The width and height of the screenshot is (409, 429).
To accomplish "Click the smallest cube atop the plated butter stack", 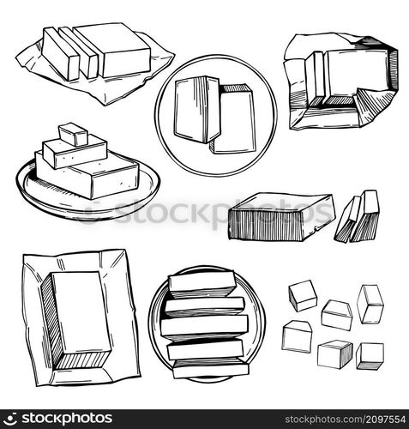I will point(73,134).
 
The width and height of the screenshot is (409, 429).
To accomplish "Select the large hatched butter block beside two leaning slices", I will point(279,216).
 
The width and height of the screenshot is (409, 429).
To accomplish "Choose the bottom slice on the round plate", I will point(210,369).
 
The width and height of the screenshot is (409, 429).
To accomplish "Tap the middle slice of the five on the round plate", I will point(204,325).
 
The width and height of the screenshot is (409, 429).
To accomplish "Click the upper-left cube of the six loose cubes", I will point(302,295).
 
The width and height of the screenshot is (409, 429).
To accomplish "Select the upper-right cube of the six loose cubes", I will point(370,303).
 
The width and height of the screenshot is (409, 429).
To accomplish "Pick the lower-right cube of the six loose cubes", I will point(370,355).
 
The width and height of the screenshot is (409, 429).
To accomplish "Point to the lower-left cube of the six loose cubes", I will point(297,336).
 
